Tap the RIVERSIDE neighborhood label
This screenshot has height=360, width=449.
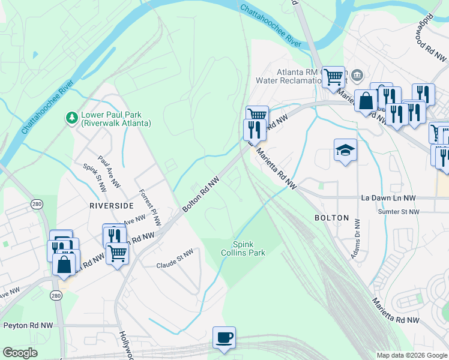coord(110,205)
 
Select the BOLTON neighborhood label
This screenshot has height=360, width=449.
coord(331,218)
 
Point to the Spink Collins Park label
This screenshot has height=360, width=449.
coord(249,248)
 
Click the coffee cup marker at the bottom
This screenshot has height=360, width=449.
coord(224,337)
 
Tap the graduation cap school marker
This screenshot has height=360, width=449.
coord(345,150)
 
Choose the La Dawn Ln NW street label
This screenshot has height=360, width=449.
coord(388,197)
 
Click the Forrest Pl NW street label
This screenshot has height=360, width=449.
coord(149,208)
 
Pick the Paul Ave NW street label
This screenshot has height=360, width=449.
coord(106,171)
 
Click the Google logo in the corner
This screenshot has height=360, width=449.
coord(20,353)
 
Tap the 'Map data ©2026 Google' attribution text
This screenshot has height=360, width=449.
coord(411,355)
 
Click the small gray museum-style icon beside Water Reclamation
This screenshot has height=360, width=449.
coord(358,75)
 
